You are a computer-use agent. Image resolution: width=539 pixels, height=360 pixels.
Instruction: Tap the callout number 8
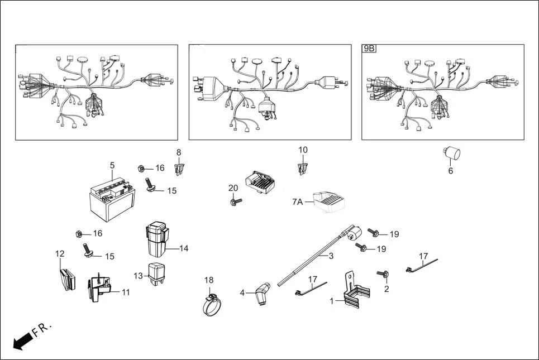pyautogui.click(x=179, y=152)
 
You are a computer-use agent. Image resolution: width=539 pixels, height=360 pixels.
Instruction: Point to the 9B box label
pyautogui.click(x=369, y=49)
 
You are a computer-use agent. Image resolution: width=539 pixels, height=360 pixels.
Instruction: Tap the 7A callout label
pyautogui.click(x=297, y=201)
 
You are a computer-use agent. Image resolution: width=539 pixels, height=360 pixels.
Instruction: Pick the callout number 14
pyautogui.click(x=184, y=248)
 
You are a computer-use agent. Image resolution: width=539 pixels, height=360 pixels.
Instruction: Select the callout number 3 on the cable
pyautogui.click(x=331, y=256)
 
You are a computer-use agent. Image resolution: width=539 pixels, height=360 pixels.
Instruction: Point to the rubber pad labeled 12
pyautogui.click(x=66, y=279)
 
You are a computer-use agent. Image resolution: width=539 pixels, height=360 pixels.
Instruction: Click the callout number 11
pyautogui.click(x=126, y=292)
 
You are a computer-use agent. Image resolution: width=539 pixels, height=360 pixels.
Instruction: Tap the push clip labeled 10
pyautogui.click(x=302, y=166)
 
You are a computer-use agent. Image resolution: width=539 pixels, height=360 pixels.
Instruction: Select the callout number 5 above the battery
pyautogui.click(x=112, y=165)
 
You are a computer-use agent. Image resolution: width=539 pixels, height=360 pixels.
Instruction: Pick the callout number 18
pyautogui.click(x=209, y=280)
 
